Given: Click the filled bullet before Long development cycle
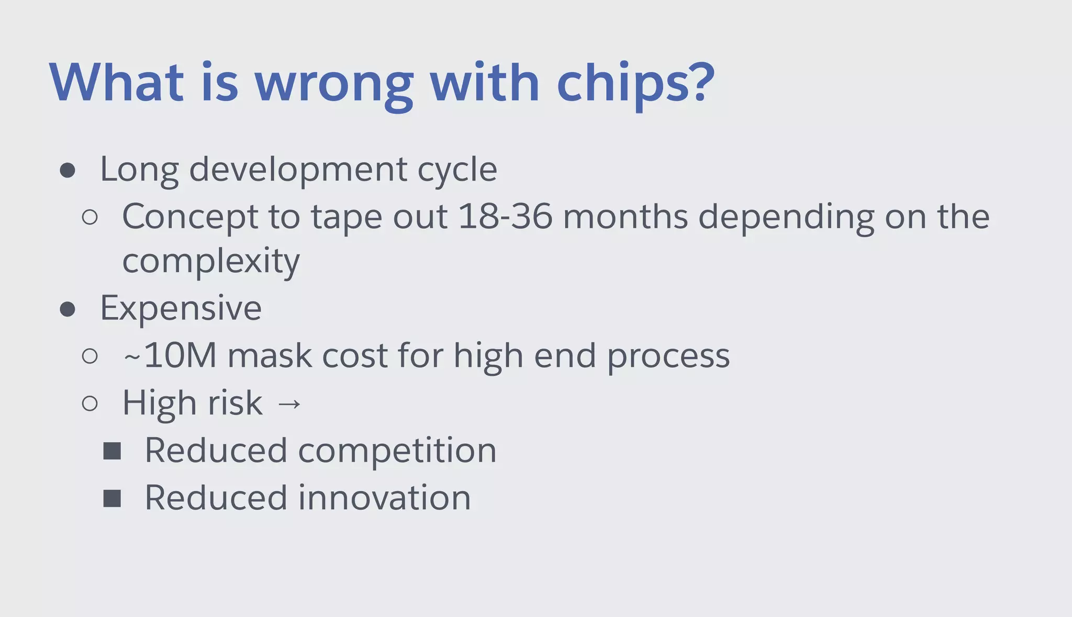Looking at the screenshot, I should point(68,170).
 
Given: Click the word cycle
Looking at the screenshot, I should point(457,171).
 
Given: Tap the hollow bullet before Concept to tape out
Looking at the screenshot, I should point(90,217).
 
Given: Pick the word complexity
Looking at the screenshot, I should point(211,262).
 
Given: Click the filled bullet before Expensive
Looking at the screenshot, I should point(68,309).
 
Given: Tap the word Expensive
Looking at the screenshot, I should point(181,309).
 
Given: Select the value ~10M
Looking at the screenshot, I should point(170,356).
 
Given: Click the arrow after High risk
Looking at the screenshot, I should point(289,404).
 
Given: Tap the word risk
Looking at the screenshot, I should point(235,403).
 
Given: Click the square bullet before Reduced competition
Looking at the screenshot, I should point(112,451).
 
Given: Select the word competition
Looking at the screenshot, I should point(397,451).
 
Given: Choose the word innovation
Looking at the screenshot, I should point(384,498).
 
